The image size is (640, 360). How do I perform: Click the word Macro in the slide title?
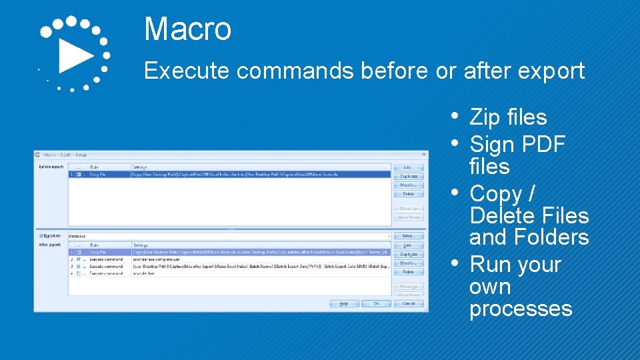187,29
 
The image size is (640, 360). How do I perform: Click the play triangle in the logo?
75,55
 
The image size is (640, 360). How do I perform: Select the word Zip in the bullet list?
485,117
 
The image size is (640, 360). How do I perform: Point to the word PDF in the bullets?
543,144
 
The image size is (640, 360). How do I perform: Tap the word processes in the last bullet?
521,309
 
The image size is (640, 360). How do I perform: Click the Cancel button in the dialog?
408,303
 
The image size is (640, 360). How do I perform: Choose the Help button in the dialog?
344,303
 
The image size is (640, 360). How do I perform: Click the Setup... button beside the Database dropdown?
408,236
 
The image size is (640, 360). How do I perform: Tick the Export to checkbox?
41,235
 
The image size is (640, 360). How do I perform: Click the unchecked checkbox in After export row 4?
79,273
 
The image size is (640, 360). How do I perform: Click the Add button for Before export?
408,167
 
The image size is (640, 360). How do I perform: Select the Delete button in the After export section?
408,272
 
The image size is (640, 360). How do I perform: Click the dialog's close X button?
424,155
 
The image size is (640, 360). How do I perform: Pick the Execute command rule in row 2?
105,259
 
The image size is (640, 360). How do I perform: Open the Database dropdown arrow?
389,236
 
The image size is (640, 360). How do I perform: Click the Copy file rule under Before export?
98,175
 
